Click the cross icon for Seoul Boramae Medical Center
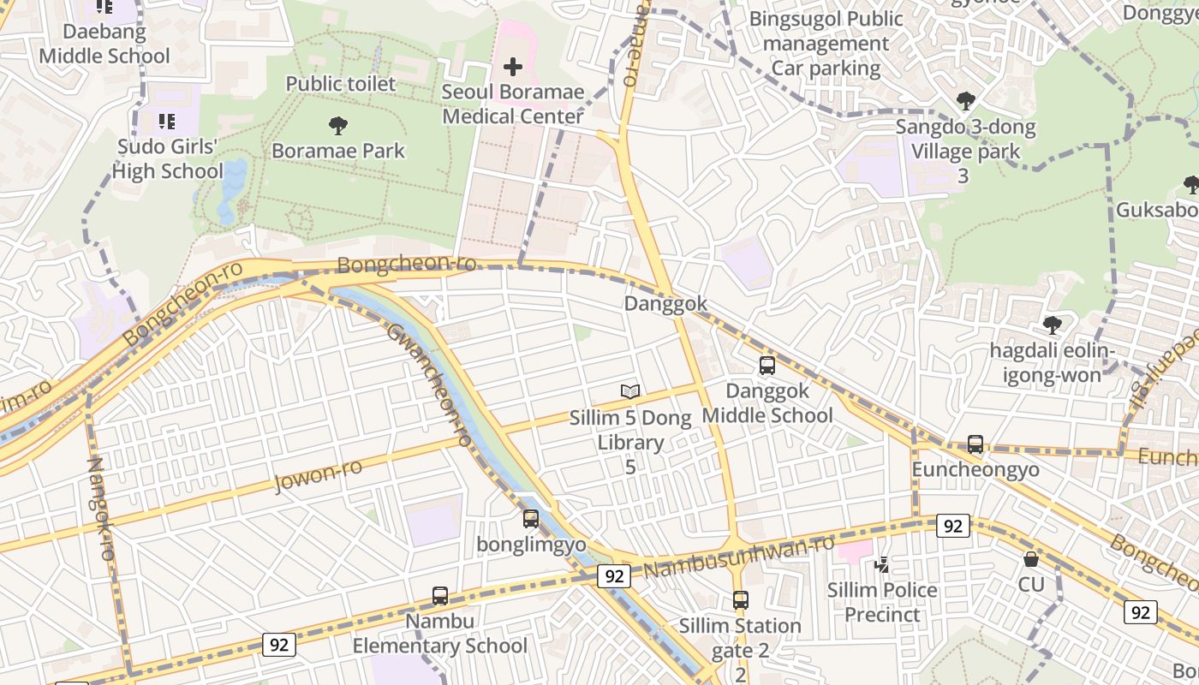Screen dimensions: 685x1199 [513, 67]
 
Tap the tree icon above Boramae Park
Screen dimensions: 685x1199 [338, 126]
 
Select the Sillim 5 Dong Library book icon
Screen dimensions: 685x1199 [630, 391]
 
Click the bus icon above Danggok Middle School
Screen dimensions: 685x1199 [767, 366]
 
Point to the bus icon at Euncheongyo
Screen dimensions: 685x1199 [975, 444]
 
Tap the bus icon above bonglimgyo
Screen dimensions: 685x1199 [531, 518]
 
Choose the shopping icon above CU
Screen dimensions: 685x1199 [1031, 559]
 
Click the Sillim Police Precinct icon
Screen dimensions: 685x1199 [881, 564]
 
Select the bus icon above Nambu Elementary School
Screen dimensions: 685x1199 [440, 595]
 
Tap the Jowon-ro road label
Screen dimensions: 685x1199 [318, 475]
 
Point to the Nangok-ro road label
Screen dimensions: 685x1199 [101, 509]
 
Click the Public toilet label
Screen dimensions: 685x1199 [341, 84]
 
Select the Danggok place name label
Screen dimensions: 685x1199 [665, 303]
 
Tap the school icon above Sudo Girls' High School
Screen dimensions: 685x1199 [167, 121]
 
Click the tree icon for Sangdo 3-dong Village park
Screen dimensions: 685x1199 [966, 101]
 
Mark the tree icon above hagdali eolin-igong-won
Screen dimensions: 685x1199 [1053, 325]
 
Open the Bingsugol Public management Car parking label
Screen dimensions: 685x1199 [826, 44]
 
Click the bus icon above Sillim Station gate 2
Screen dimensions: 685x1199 [741, 600]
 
